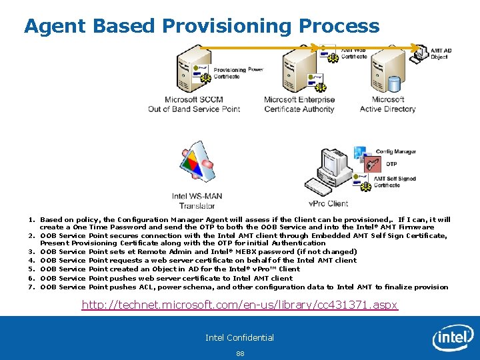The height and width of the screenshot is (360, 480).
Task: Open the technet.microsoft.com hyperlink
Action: pyautogui.click(x=239, y=305)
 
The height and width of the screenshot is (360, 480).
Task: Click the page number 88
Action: pyautogui.click(x=239, y=353)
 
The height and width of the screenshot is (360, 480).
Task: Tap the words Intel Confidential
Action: pyautogui.click(x=239, y=337)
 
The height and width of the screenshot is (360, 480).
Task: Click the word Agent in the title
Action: pyautogui.click(x=55, y=26)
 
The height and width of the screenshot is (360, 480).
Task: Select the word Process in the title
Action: pyautogui.click(x=339, y=26)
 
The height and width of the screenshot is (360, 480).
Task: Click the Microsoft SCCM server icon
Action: pyautogui.click(x=193, y=71)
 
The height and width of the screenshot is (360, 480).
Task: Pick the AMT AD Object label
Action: pyautogui.click(x=441, y=54)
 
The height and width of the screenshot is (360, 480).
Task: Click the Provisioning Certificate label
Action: pyautogui.click(x=229, y=73)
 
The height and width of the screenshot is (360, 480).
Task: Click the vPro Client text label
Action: pyautogui.click(x=329, y=203)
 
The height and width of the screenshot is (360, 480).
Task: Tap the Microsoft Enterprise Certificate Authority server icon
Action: pyautogui.click(x=300, y=71)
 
